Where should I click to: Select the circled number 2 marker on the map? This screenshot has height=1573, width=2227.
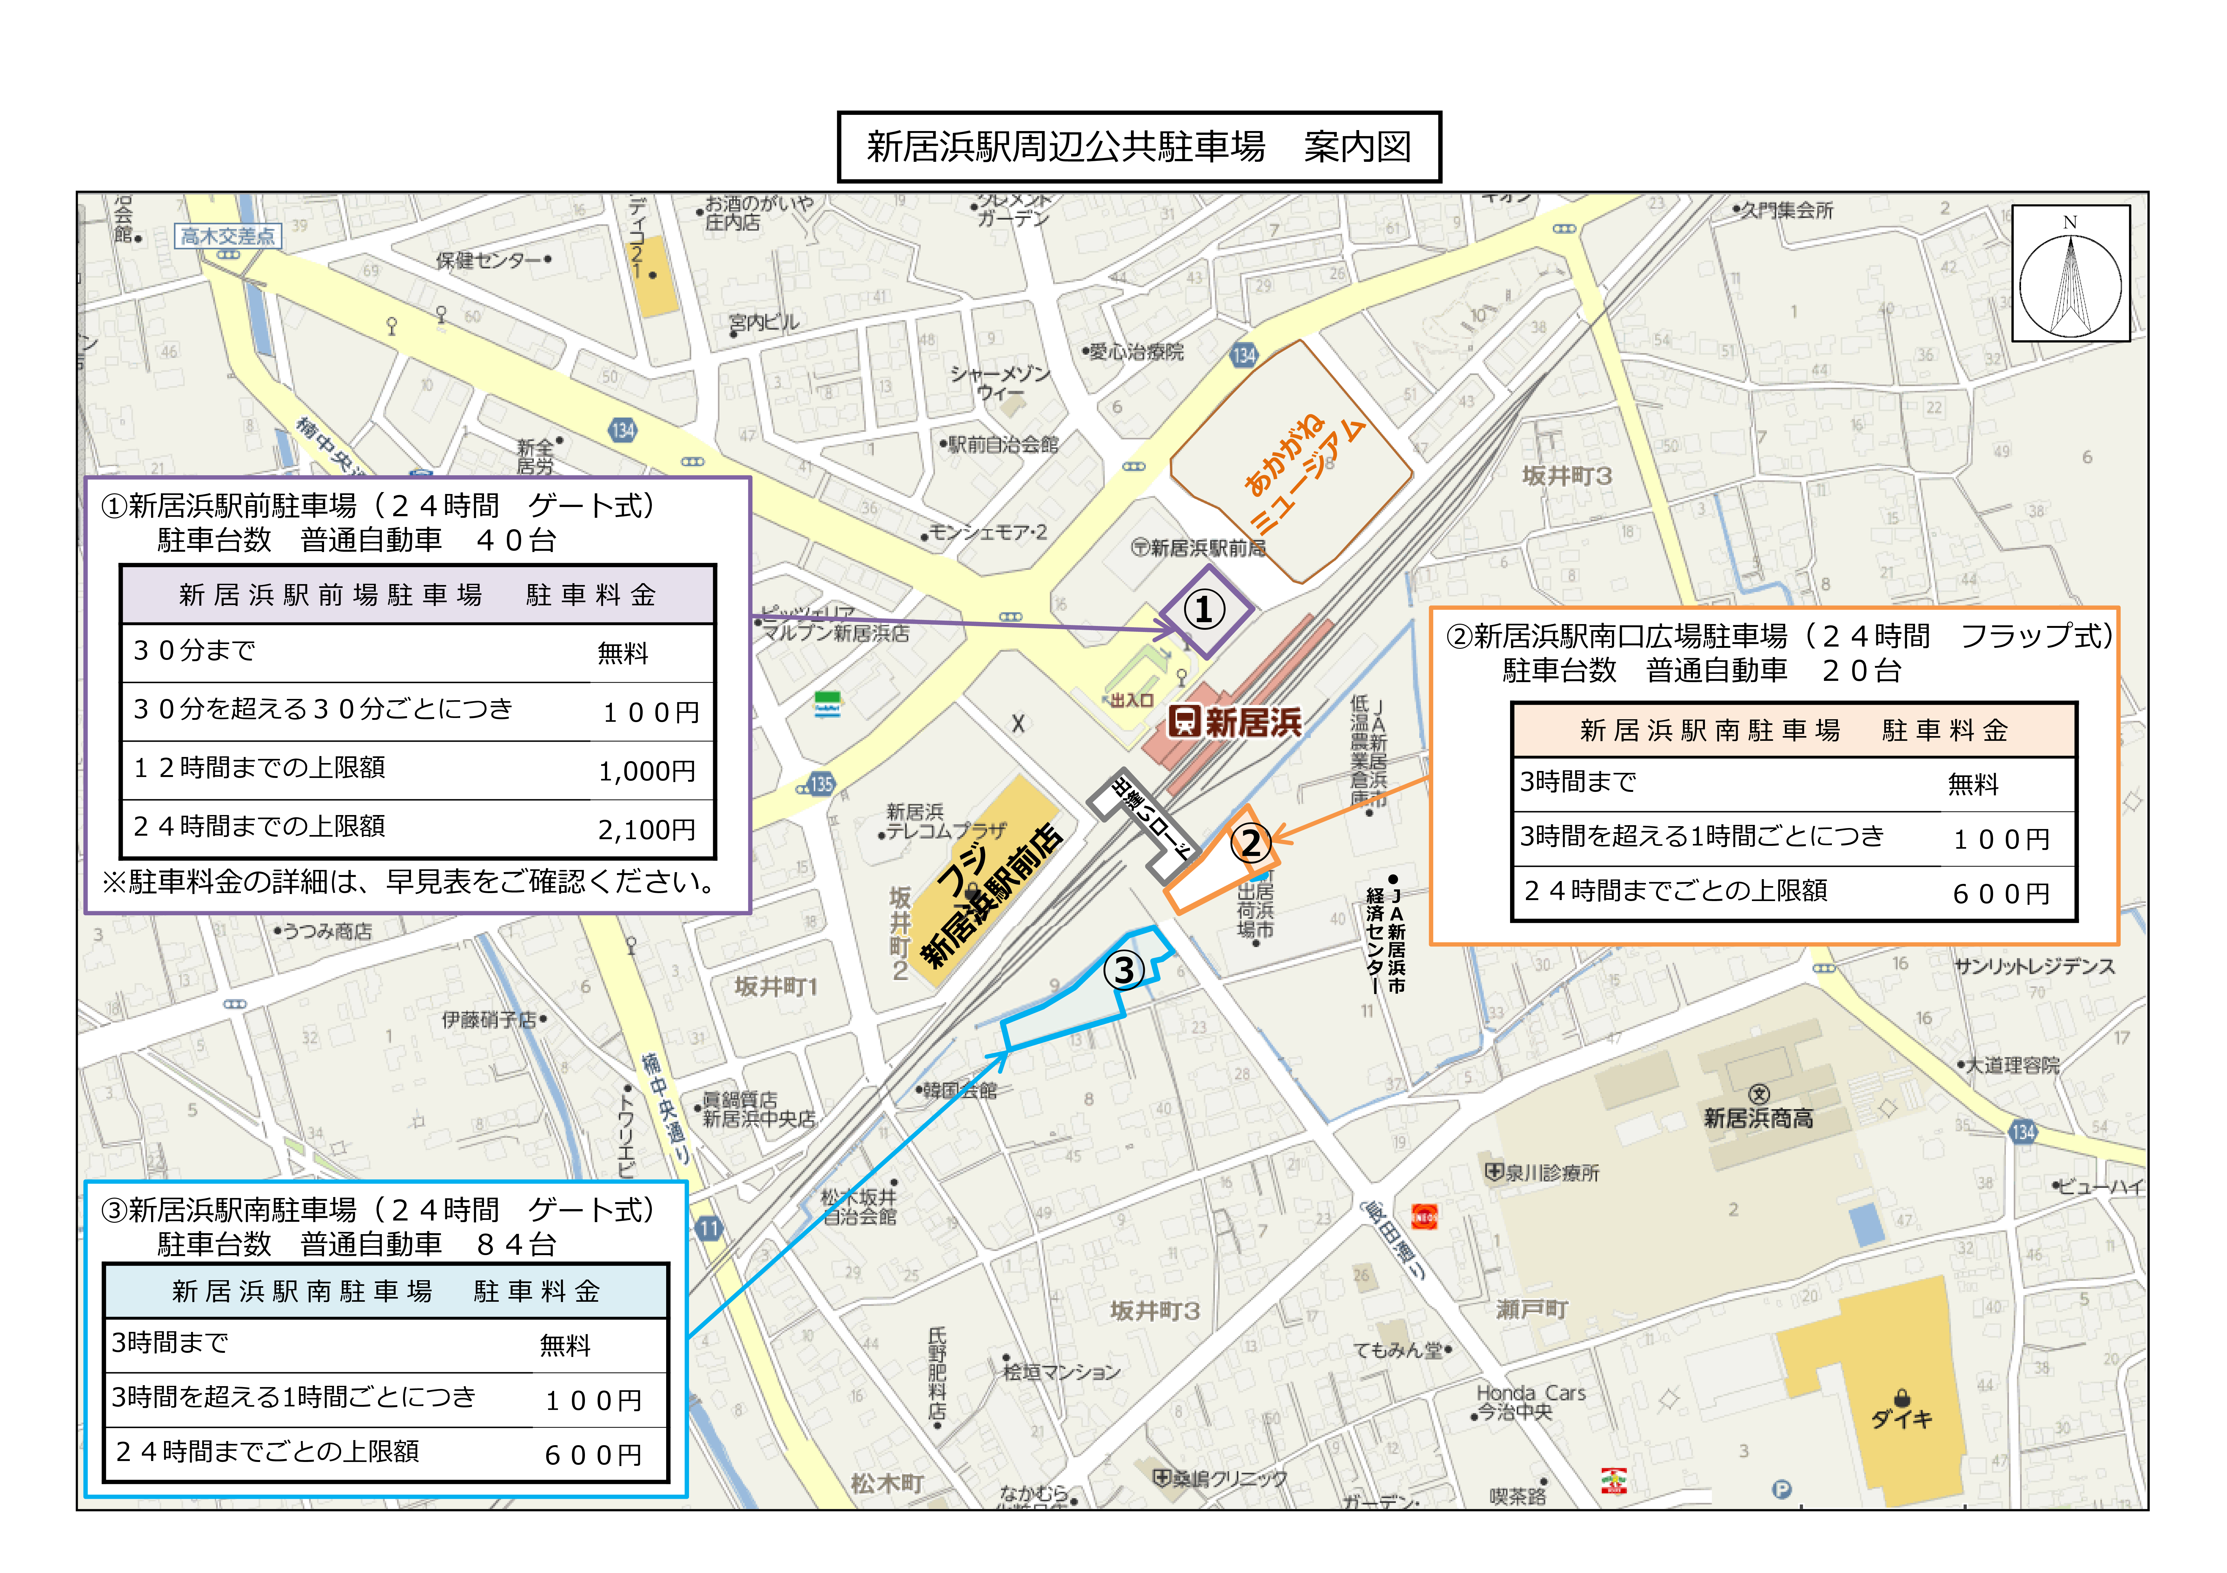click(x=1250, y=843)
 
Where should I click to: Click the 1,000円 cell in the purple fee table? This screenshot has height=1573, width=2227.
click(x=647, y=771)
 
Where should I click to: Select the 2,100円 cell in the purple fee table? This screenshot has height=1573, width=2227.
click(x=647, y=829)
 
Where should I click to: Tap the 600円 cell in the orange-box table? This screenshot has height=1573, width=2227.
click(x=2001, y=893)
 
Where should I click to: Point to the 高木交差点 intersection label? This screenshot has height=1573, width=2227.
click(x=228, y=236)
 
